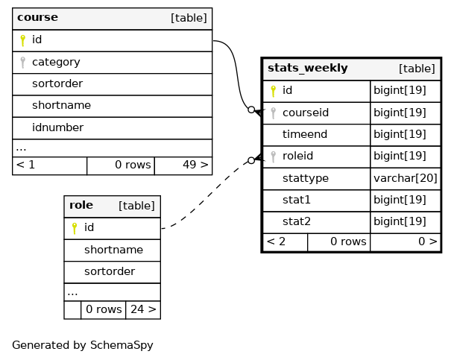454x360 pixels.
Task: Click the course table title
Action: coord(37,17)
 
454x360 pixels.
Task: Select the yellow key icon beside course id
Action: coord(22,40)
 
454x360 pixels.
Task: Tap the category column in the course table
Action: coord(56,62)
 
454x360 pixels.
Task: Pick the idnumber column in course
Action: coord(57,127)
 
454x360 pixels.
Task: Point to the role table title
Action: coord(81,205)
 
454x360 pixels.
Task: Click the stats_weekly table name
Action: coord(307,69)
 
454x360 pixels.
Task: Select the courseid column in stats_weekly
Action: coord(306,113)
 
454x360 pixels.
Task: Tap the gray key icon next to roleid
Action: coord(273,157)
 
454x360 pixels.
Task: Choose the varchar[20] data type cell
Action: coord(406,178)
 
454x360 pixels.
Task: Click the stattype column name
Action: coord(306,178)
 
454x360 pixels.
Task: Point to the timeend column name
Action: coord(305,134)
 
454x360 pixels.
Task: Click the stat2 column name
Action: coord(297,221)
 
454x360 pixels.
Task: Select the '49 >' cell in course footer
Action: coord(195,165)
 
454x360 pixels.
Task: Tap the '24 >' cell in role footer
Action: coord(143,309)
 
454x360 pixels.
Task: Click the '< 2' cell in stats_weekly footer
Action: coord(276,241)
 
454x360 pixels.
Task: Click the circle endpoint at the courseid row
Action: coord(251,110)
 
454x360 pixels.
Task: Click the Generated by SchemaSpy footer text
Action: coord(83,345)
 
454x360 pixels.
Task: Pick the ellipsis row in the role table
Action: coord(112,292)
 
